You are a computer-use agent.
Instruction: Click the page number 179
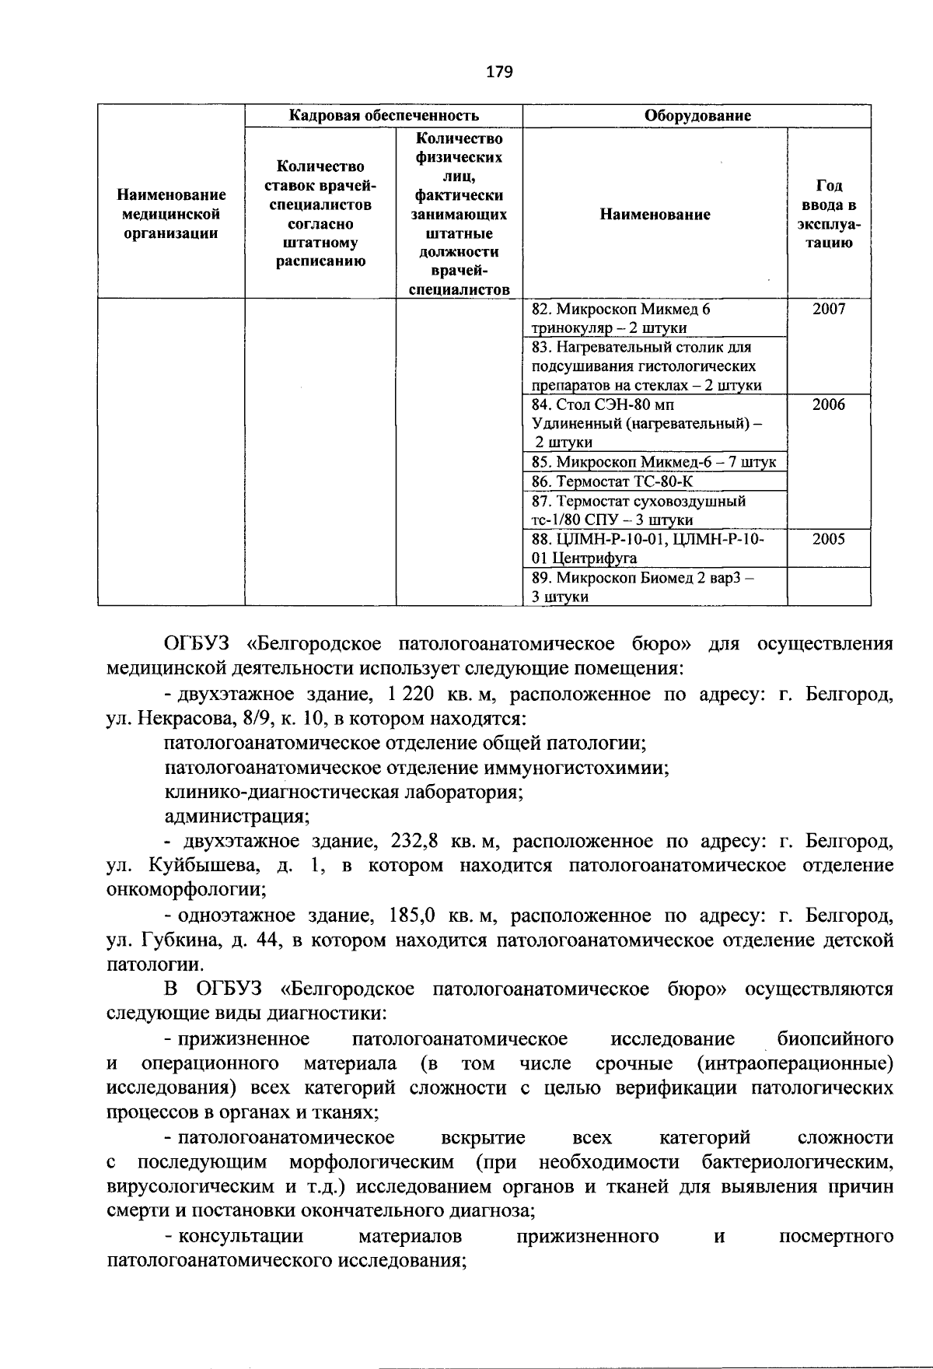coord(499,72)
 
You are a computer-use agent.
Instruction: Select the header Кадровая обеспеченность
coord(384,116)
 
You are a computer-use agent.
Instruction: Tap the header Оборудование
coord(697,116)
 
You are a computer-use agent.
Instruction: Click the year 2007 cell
coord(828,309)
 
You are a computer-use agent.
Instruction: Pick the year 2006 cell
coord(828,404)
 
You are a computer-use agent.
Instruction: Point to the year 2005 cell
coord(828,539)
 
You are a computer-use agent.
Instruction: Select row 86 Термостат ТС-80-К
coord(611,481)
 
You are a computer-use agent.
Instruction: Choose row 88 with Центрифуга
coord(648,548)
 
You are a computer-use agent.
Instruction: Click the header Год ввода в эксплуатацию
coord(828,214)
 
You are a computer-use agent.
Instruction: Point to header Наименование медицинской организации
coord(171,214)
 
